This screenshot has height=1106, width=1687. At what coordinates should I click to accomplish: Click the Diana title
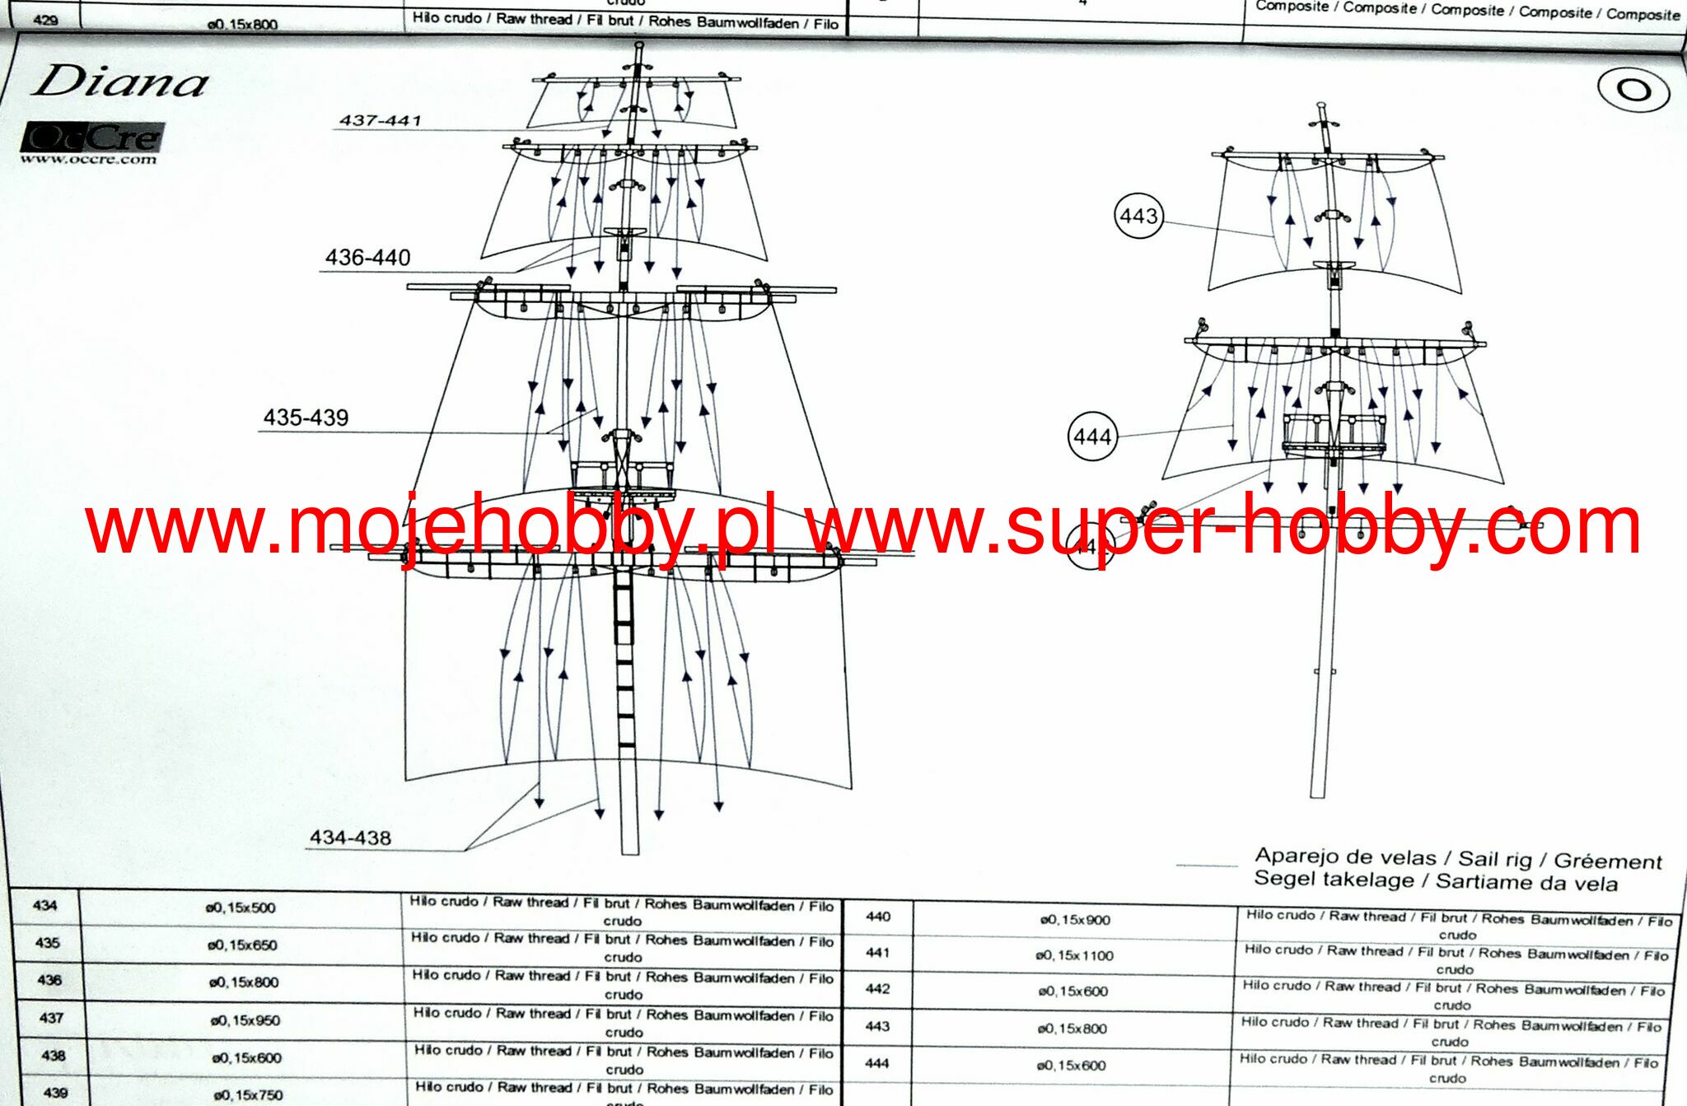click(x=119, y=82)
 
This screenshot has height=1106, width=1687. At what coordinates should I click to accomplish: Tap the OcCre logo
click(x=92, y=137)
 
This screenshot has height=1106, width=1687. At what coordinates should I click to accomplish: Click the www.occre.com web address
click(x=88, y=159)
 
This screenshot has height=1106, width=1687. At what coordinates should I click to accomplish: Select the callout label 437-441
click(x=380, y=120)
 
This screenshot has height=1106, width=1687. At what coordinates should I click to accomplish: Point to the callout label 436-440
click(x=367, y=258)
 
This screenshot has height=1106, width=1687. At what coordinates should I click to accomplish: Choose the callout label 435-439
click(x=306, y=418)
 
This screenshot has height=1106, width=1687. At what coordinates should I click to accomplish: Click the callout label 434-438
click(x=350, y=838)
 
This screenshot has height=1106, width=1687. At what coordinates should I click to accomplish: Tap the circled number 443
click(x=1138, y=216)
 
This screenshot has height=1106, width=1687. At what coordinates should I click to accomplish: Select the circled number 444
click(x=1092, y=436)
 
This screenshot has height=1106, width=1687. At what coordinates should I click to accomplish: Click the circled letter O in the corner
click(x=1633, y=89)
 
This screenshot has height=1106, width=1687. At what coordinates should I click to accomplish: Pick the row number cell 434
click(x=44, y=906)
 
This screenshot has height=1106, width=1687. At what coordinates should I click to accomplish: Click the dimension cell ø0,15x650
click(x=241, y=945)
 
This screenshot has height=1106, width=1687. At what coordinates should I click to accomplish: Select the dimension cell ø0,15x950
click(x=245, y=1020)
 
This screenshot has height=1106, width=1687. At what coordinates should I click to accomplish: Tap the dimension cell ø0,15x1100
click(x=1074, y=955)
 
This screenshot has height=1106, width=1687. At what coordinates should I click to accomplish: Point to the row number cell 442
click(x=877, y=988)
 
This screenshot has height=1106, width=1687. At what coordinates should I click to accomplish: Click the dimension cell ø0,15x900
click(x=1075, y=920)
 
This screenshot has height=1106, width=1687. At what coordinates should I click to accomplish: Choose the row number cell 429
click(x=45, y=20)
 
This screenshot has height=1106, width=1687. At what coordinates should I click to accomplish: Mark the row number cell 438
click(x=54, y=1056)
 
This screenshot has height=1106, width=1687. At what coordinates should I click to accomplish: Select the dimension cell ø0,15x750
click(x=248, y=1094)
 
